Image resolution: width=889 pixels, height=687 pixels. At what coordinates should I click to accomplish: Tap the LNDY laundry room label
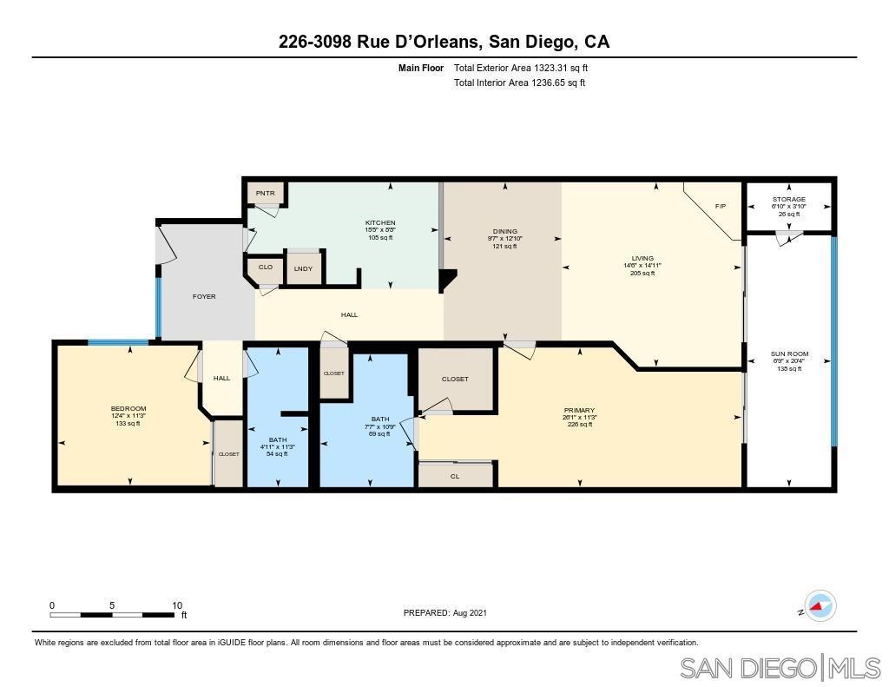(303, 268)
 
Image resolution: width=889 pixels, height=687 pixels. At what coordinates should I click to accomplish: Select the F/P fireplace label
(720, 207)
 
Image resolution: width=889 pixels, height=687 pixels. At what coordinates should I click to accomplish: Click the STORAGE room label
(789, 199)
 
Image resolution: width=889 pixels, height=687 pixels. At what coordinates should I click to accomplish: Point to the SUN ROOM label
(789, 353)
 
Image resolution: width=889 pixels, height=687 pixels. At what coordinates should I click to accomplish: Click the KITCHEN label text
(380, 223)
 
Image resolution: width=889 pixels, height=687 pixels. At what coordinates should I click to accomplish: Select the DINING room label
(504, 231)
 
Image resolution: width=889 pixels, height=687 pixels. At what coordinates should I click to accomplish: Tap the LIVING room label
(642, 258)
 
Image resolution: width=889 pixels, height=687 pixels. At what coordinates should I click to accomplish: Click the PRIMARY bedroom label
(579, 410)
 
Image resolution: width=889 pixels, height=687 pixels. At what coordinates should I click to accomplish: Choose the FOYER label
(204, 296)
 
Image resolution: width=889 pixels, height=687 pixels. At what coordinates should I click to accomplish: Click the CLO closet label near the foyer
(265, 267)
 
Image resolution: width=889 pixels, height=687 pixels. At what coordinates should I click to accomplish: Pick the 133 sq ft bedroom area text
(128, 423)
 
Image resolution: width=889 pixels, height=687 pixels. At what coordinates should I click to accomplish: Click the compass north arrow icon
(820, 606)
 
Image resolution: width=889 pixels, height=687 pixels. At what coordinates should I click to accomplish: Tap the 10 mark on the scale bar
(177, 605)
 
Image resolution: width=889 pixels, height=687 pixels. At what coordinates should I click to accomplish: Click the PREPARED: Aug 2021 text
(445, 612)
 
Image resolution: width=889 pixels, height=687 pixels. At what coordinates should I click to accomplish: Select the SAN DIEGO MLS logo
(779, 668)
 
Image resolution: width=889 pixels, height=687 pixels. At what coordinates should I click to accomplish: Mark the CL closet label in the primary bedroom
(455, 476)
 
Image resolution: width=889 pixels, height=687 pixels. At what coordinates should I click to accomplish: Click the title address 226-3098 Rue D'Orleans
(444, 41)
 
